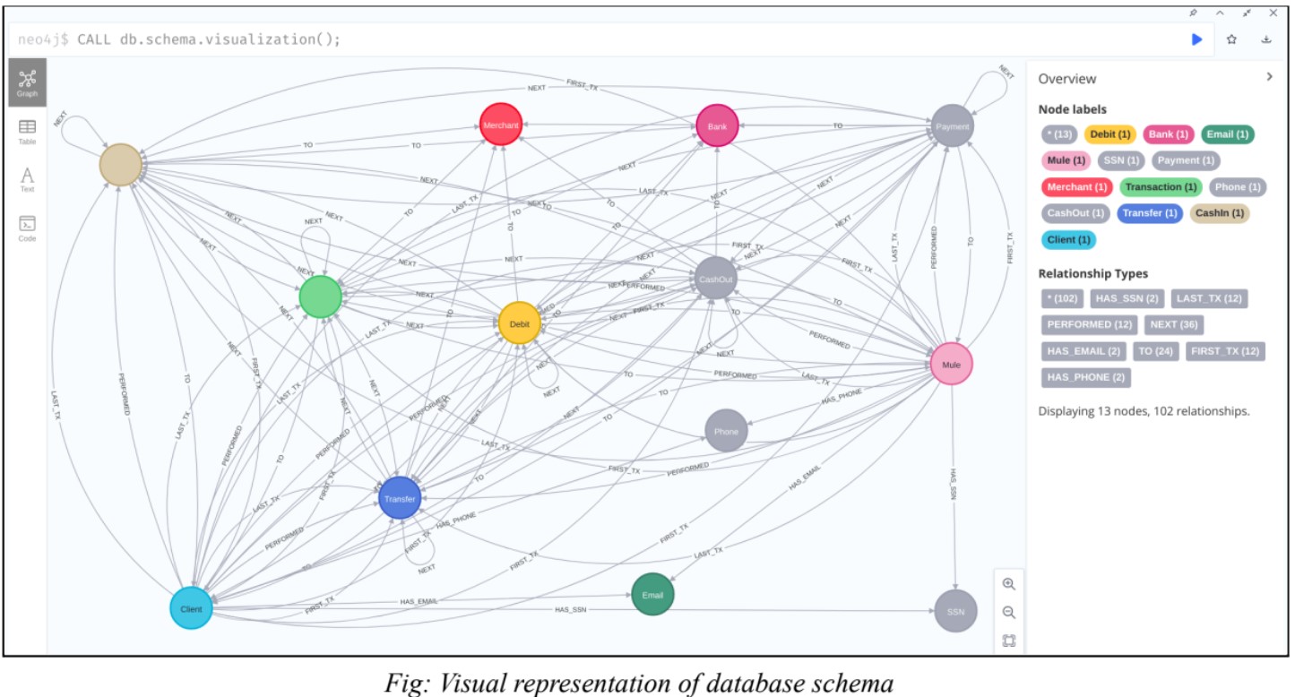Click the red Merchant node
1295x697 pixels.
click(500, 125)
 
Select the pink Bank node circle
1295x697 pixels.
click(717, 126)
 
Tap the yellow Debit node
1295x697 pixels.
click(520, 323)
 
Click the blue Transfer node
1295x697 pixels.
click(400, 499)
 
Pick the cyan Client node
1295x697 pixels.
click(191, 608)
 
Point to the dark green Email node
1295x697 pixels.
click(652, 595)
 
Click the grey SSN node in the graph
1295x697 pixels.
click(955, 611)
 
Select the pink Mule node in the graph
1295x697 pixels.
click(951, 364)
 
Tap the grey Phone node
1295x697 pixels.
click(726, 431)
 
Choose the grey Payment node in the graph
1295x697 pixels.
click(952, 126)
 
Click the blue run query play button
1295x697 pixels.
click(1196, 39)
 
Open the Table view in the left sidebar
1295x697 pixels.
click(27, 132)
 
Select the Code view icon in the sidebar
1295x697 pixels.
click(27, 228)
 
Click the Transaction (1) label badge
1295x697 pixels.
click(1161, 187)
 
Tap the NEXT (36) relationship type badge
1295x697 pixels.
click(1173, 324)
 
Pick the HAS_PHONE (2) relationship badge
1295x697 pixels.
click(1085, 377)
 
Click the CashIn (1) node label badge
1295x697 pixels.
click(1219, 213)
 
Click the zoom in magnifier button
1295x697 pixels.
click(1009, 584)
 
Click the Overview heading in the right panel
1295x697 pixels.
click(1066, 79)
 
